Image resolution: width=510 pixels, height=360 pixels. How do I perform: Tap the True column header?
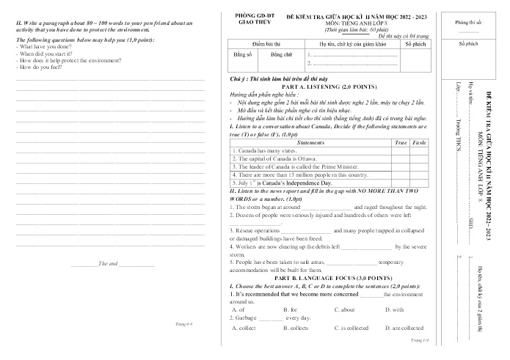click(x=401, y=142)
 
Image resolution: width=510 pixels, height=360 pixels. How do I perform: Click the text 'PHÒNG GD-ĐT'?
click(x=257, y=14)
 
